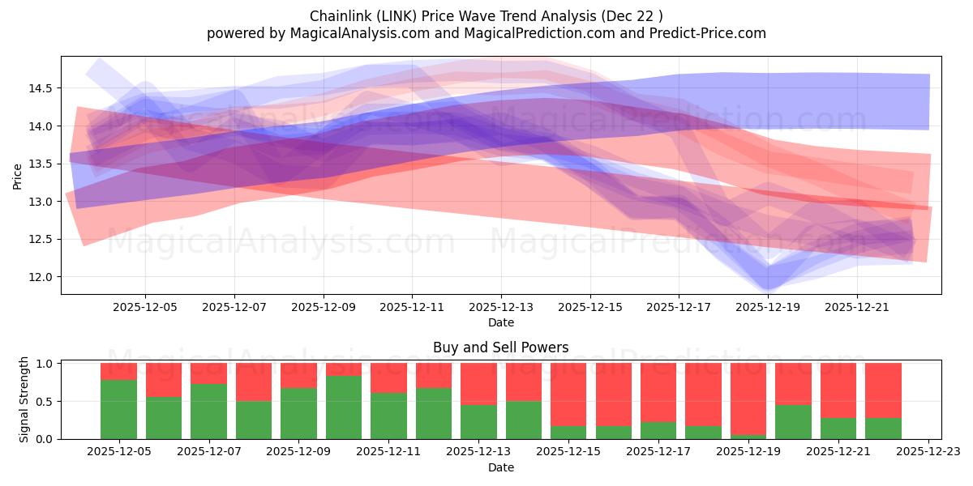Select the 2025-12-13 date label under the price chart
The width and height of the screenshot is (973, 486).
501,308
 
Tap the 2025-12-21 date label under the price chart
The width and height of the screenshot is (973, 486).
857,308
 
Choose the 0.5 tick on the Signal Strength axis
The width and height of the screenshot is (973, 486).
45,402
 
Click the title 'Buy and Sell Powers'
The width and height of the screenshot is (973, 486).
500,347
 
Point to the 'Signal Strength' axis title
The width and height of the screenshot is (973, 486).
24,399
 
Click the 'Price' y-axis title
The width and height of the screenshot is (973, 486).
18,176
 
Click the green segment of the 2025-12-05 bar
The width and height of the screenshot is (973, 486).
118,409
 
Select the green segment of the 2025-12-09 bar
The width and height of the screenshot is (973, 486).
298,413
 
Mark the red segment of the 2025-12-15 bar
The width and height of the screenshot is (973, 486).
568,394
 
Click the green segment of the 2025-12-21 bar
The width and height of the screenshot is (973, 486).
838,428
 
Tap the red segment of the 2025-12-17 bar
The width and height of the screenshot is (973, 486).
658,392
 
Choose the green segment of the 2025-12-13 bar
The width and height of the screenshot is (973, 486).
478,421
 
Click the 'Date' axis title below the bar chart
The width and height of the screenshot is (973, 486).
500,467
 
